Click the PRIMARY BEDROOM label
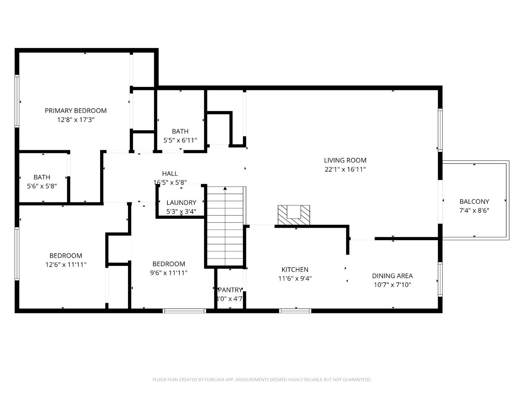(x=76, y=111)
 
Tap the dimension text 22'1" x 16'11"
(x=345, y=169)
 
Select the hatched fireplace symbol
(x=294, y=215)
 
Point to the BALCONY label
(x=474, y=201)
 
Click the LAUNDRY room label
(x=181, y=203)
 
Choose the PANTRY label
(x=230, y=290)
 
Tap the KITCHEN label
(x=295, y=270)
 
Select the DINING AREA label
(x=392, y=276)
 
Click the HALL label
(x=170, y=174)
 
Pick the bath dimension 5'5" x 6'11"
(x=180, y=140)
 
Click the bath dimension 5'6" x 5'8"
(x=42, y=186)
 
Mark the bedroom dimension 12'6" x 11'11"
(x=66, y=265)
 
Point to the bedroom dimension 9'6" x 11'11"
(x=168, y=273)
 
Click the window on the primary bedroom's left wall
(x=17, y=101)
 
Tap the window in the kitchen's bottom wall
(x=295, y=311)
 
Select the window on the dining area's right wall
(x=440, y=279)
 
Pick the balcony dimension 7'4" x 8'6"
(x=474, y=210)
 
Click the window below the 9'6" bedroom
(x=184, y=311)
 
